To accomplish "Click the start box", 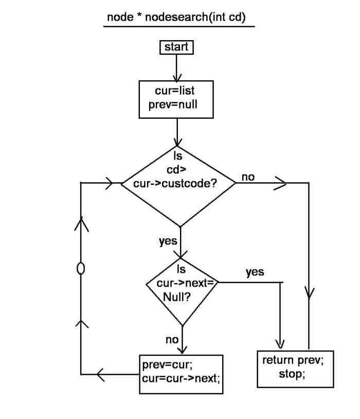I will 176,47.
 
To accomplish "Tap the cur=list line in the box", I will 175,91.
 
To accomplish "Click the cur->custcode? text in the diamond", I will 178,183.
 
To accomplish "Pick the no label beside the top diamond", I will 248,177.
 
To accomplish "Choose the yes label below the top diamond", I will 168,240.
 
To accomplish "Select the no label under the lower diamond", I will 172,339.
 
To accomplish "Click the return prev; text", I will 293,360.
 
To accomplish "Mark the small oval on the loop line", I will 80,269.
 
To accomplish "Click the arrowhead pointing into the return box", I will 280,343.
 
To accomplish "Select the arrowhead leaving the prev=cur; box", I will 101,374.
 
